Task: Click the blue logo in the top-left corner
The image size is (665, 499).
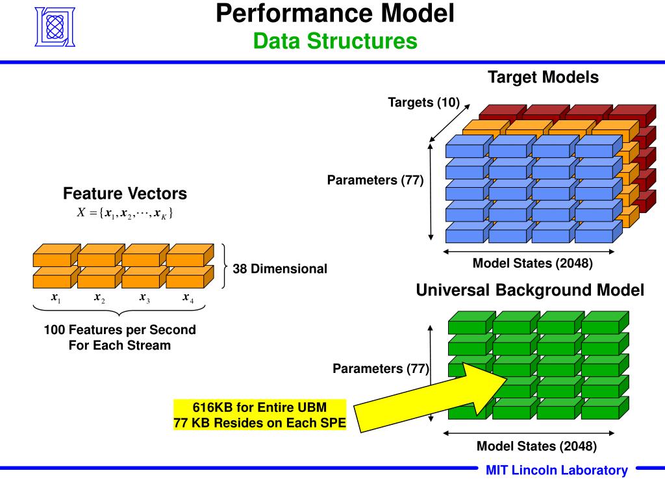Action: point(55,27)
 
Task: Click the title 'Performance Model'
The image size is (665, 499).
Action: point(335,13)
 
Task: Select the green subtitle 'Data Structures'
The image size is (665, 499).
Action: point(335,41)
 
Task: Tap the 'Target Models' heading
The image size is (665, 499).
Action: point(543,77)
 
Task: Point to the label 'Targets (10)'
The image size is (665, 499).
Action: point(423,103)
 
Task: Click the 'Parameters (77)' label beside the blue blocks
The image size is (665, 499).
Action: point(375,181)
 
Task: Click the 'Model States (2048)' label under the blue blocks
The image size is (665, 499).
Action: point(533,264)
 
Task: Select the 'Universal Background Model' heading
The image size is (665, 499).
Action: point(530,290)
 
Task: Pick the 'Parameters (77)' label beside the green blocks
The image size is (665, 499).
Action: point(381,369)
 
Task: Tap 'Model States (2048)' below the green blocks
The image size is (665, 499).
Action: point(536,446)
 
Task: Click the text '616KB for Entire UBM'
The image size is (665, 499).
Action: point(260,407)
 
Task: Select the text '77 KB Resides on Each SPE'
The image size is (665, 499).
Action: point(260,423)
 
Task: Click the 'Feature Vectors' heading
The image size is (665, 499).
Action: point(125,194)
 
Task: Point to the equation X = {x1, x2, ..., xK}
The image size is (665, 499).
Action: point(125,212)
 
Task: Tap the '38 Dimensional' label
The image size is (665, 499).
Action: point(280,269)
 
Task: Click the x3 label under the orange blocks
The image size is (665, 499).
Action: point(145,298)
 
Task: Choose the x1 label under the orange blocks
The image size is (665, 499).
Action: point(56,298)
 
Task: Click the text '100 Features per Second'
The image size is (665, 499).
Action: point(120,329)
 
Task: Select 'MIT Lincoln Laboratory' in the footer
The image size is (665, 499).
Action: point(557,470)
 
